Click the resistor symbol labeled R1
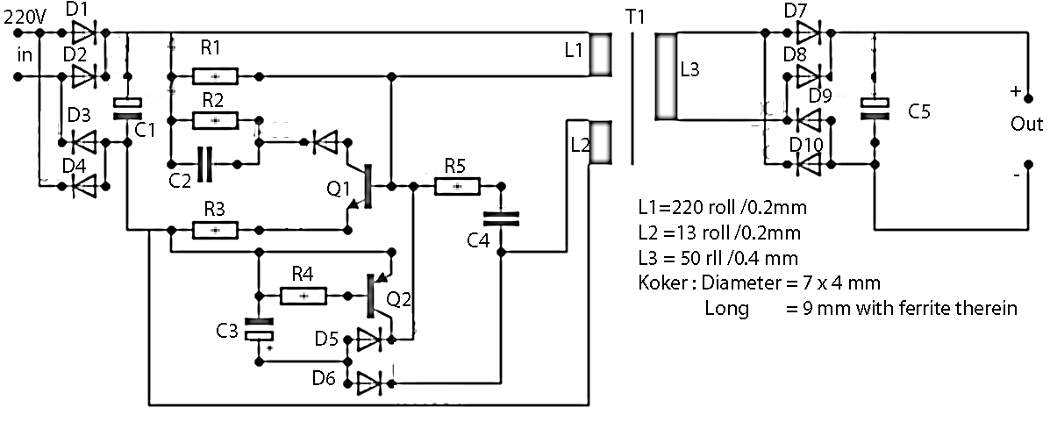[x=215, y=76]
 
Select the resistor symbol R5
[x=457, y=186]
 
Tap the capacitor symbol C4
[x=500, y=219]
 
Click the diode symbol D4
[x=85, y=185]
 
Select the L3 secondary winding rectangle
[x=666, y=77]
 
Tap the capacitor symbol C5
[x=874, y=109]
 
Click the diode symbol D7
[x=808, y=33]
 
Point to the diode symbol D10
[x=808, y=163]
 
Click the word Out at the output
[x=1026, y=125]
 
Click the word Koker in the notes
[x=661, y=282]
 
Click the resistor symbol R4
[x=304, y=297]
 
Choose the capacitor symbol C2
[x=207, y=163]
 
